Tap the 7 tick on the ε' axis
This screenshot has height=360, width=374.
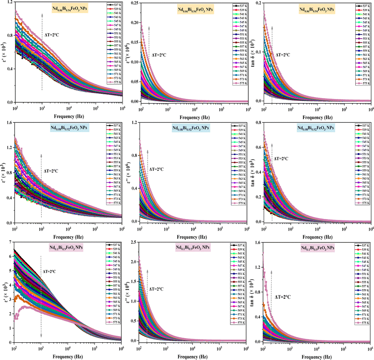point(10,243)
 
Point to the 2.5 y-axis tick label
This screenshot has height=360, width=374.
point(133,243)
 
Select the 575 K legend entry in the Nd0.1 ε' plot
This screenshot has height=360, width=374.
point(111,322)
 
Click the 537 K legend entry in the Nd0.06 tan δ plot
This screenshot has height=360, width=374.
point(360,5)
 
